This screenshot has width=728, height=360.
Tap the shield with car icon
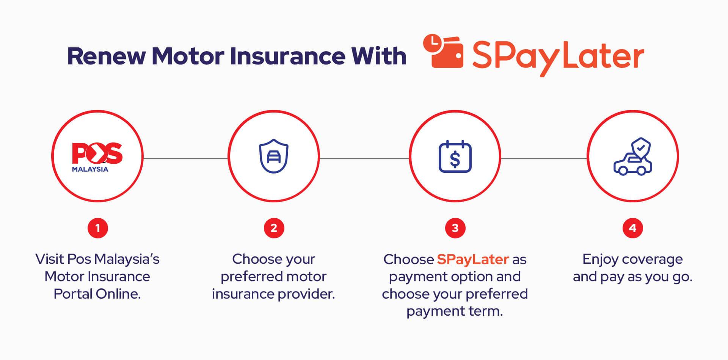(x=273, y=156)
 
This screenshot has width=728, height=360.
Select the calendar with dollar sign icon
(x=455, y=157)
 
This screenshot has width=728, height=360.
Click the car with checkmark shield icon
(x=632, y=157)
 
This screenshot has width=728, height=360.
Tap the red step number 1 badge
(x=98, y=228)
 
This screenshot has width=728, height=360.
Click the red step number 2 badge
(x=274, y=228)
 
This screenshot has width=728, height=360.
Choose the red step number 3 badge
(x=455, y=228)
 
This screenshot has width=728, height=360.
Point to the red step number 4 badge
(x=632, y=228)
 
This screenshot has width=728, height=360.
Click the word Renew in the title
(x=106, y=56)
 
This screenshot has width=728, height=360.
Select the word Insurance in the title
(x=287, y=56)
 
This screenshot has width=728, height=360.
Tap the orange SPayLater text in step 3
(x=472, y=260)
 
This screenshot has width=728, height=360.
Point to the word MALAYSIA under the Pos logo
(x=90, y=169)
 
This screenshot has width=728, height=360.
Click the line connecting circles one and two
(x=185, y=158)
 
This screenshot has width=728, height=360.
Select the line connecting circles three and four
(x=544, y=158)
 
